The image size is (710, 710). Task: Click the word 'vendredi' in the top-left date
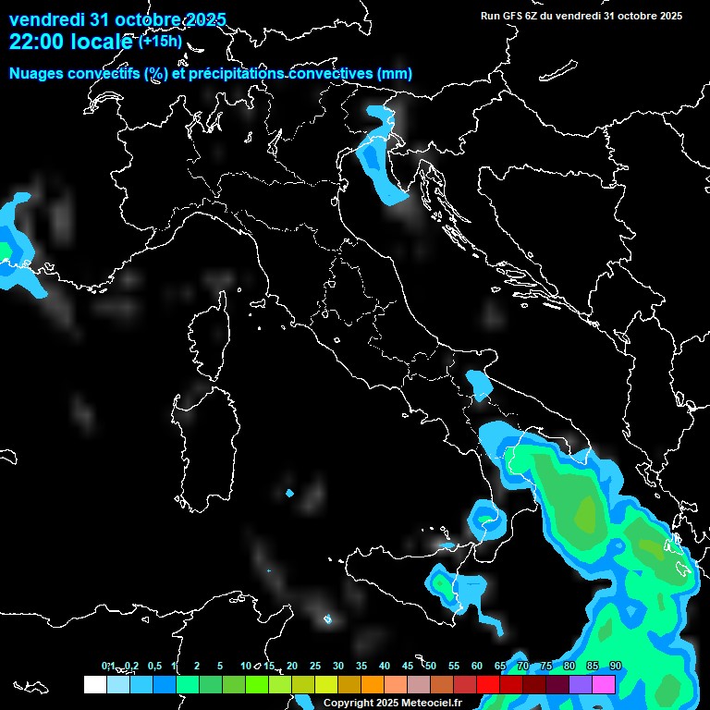[44, 19]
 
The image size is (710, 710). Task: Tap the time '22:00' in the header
[33, 42]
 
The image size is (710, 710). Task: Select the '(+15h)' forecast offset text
[160, 42]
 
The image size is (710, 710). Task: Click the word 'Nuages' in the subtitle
[35, 74]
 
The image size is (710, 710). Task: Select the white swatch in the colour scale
[94, 684]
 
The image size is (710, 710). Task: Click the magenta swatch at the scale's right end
[604, 684]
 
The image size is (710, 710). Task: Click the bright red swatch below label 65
[488, 684]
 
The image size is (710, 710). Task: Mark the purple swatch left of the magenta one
[581, 684]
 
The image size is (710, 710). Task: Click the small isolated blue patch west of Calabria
[289, 493]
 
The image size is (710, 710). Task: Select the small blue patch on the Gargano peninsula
[479, 383]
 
